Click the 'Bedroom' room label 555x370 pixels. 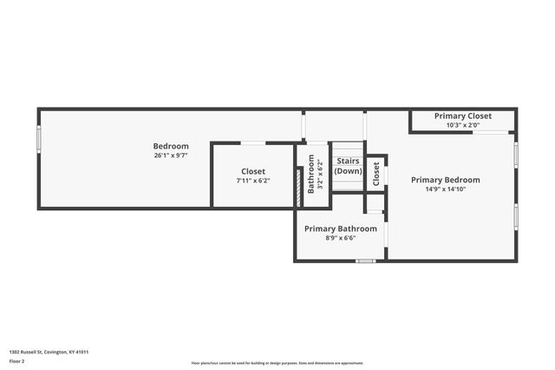[171, 146]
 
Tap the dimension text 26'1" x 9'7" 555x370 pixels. [171, 155]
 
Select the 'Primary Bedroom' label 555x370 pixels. [445, 180]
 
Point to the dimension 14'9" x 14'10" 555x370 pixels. [445, 189]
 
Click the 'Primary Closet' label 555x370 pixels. [463, 116]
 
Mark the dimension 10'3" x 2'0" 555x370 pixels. [463, 125]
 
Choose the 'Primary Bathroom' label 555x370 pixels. [340, 228]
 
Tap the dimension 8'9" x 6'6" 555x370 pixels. [340, 238]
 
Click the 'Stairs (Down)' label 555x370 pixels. [348, 166]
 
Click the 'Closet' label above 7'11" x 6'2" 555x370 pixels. [253, 171]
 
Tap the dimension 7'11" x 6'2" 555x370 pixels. [253, 181]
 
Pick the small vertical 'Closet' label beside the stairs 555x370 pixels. [375, 174]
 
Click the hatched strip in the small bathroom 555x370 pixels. [299, 187]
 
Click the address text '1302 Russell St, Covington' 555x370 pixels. [49, 352]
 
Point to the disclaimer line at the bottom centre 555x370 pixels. [277, 362]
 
